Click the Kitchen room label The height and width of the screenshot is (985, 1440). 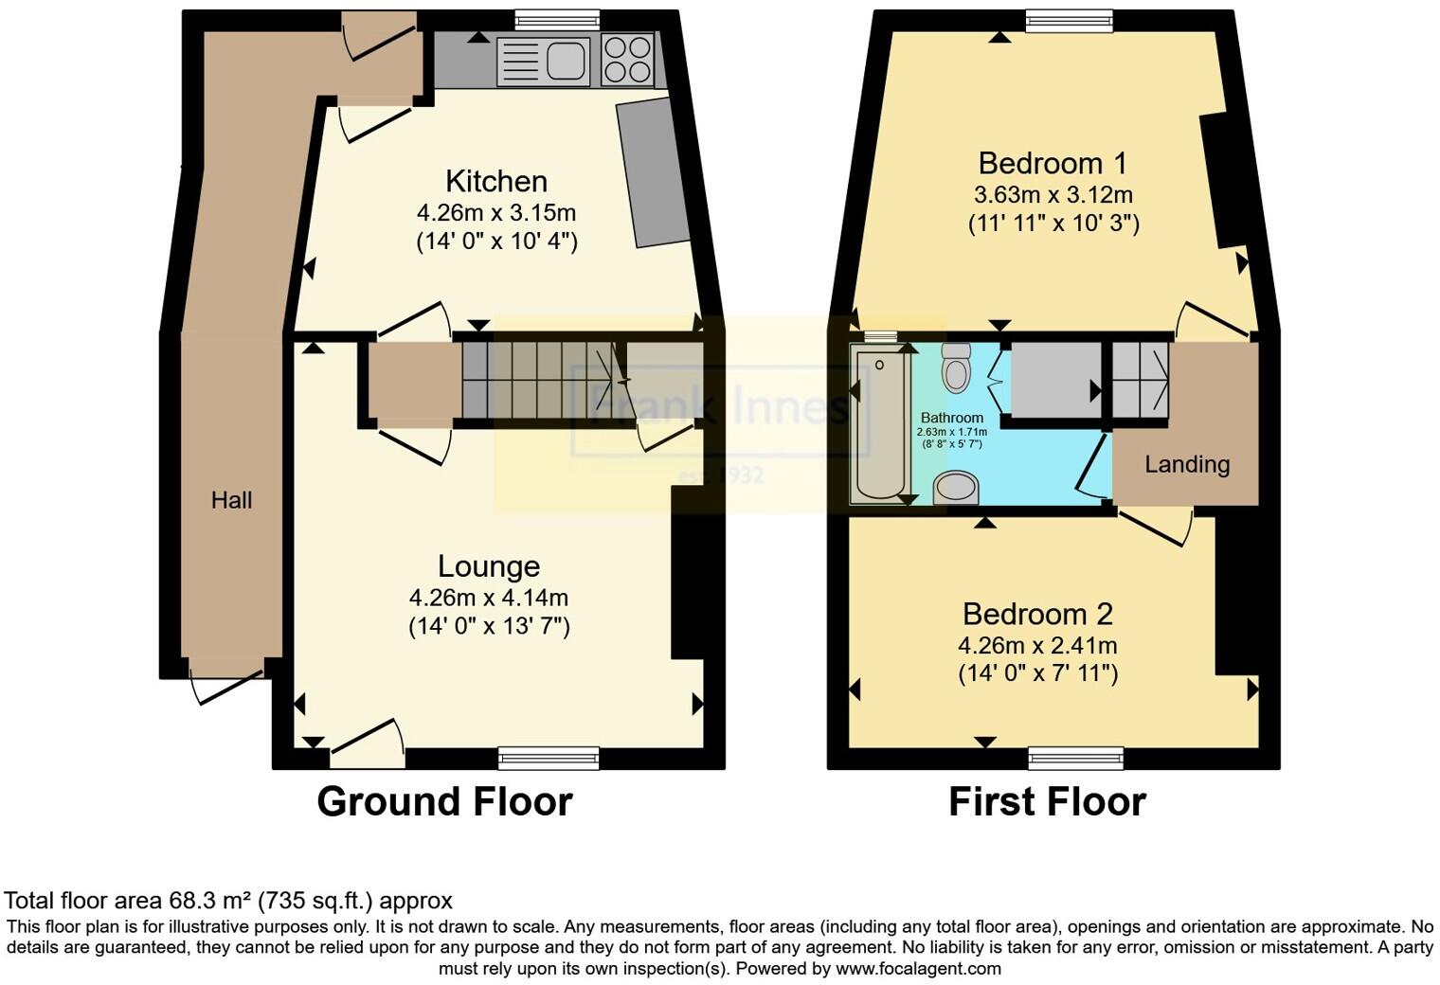(x=496, y=181)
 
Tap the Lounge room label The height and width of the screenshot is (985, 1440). (x=489, y=565)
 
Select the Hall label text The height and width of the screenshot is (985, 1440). (x=231, y=500)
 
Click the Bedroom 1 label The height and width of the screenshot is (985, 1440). (x=1053, y=163)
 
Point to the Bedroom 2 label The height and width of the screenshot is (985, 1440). (x=1037, y=614)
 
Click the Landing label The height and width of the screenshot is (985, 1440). (x=1187, y=464)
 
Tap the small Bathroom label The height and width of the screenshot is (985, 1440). (x=952, y=418)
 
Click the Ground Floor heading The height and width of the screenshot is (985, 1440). (x=444, y=801)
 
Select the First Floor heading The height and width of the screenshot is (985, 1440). (x=1047, y=801)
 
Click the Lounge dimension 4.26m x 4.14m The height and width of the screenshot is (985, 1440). (x=489, y=598)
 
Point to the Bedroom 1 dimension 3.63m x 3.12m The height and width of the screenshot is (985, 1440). (x=1053, y=195)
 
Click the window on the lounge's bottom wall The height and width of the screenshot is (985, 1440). (x=549, y=757)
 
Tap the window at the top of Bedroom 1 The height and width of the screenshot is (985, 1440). (x=1070, y=20)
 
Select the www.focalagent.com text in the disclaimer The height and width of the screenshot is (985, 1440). (x=918, y=969)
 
